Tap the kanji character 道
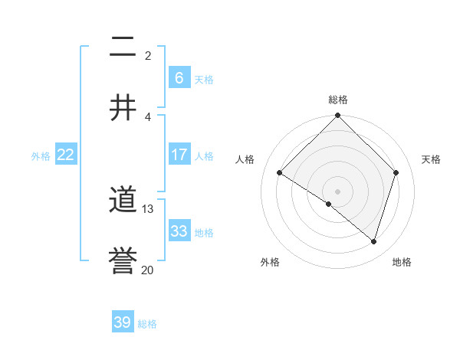click(123, 201)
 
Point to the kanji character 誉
click(123, 260)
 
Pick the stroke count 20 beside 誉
click(148, 269)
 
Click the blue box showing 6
click(179, 78)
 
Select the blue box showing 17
click(179, 155)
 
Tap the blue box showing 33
click(179, 231)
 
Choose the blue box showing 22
click(66, 155)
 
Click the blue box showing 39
click(123, 322)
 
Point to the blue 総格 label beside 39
click(147, 324)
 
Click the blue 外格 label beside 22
click(41, 156)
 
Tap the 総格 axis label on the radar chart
click(338, 100)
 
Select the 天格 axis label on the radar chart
click(431, 159)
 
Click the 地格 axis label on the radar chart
click(402, 262)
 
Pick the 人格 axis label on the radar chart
click(245, 159)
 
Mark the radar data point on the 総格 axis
click(337, 116)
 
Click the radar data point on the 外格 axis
click(329, 204)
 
